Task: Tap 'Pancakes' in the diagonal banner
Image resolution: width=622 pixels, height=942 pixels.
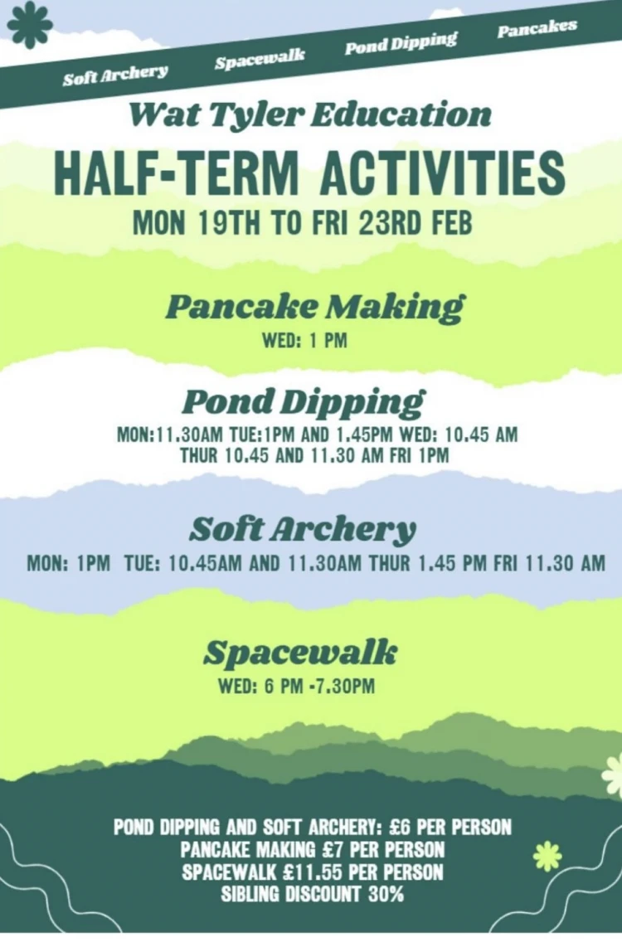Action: (x=537, y=27)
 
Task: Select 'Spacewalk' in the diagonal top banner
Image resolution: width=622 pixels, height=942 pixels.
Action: (x=260, y=58)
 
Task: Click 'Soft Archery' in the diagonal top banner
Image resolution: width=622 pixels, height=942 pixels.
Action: (x=115, y=75)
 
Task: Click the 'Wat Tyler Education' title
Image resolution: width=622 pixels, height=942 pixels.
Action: (x=310, y=114)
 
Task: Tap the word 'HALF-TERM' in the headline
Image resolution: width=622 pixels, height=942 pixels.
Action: (x=176, y=172)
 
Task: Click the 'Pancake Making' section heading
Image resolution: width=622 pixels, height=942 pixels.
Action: (x=314, y=307)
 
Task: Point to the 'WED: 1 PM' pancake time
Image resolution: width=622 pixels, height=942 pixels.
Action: (x=304, y=341)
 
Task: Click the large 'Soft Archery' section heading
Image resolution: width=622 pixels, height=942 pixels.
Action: (x=303, y=529)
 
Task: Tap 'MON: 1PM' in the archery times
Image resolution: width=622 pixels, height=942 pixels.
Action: (x=69, y=564)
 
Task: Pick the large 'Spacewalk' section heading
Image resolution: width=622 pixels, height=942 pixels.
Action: (x=300, y=653)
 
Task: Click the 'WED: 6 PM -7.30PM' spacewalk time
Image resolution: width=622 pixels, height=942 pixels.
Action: (x=296, y=686)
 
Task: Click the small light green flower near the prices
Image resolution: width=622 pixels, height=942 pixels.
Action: (x=547, y=855)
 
